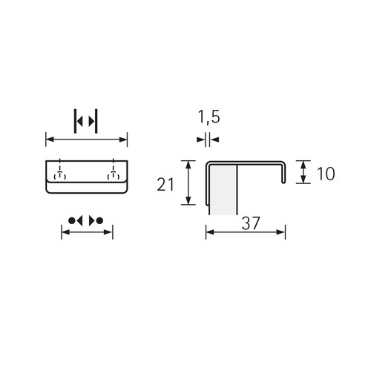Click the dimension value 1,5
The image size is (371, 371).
[209, 117]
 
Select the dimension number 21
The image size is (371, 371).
[165, 184]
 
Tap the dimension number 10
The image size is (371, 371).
[326, 174]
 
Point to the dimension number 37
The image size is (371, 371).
[251, 223]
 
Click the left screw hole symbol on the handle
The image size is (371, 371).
[59, 175]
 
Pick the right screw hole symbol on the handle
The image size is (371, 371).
[114, 175]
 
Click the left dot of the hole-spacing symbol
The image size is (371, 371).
[71, 220]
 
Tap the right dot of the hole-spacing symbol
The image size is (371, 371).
[99, 220]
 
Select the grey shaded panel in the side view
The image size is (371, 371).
[223, 190]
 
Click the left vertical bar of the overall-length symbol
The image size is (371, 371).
[75, 121]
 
